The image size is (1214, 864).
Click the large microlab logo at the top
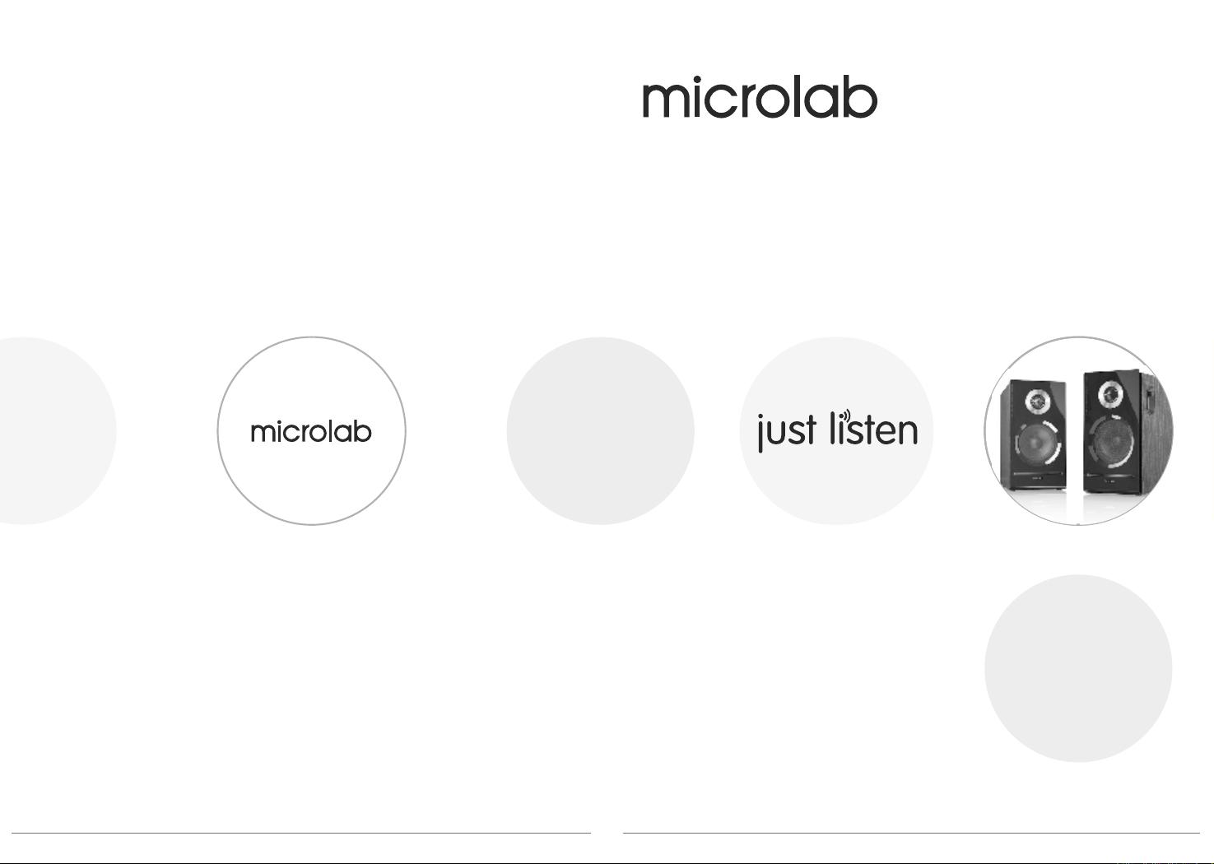pos(760,97)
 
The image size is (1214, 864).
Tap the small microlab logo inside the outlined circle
pos(311,432)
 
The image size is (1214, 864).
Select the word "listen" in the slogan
pos(873,428)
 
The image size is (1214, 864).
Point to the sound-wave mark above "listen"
pos(845,416)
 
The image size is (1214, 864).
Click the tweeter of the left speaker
pos(1037,402)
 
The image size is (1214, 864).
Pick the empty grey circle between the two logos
pos(601,430)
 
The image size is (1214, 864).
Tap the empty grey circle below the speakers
pos(1078,668)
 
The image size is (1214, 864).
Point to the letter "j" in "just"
pos(760,434)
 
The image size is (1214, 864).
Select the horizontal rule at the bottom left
pos(301,833)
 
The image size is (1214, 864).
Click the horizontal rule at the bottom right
pos(912,833)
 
